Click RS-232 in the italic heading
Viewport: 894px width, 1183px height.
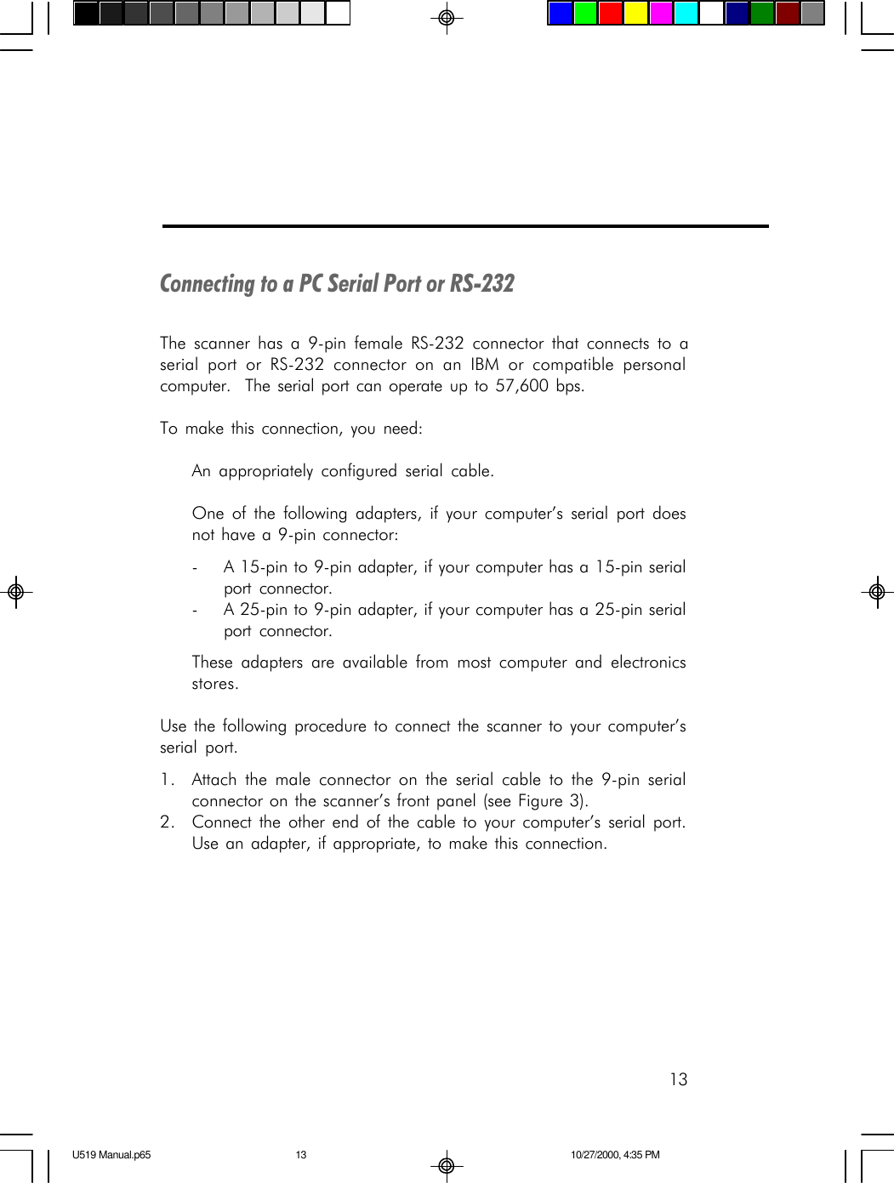482,283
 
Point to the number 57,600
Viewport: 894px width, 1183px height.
521,386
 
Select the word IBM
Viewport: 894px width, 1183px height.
485,365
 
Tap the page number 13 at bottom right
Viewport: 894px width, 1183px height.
678,1079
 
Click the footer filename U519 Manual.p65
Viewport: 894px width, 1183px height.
111,1155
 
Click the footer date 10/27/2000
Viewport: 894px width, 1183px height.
594,1155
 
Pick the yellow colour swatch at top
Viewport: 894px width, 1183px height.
635,14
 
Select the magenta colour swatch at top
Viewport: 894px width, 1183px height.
661,14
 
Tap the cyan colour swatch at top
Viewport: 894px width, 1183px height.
686,14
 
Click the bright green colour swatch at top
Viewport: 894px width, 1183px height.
585,14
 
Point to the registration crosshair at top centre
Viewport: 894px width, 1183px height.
446,17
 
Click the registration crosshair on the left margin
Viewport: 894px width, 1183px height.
15,592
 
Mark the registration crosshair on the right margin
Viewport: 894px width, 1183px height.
878,592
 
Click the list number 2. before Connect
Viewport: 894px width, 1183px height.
168,822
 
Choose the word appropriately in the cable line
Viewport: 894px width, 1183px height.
265,471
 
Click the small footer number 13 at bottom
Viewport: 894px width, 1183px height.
301,1155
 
